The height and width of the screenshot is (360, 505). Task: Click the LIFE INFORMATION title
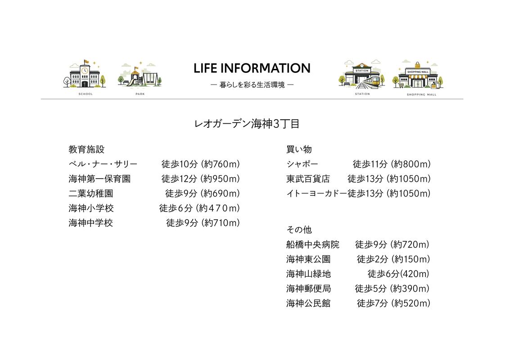[x=252, y=68]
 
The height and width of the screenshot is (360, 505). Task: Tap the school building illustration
[x=85, y=74]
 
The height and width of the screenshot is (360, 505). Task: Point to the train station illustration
[x=362, y=75]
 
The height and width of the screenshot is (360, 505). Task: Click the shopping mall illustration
[x=418, y=75]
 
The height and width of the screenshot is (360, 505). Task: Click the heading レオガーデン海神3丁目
[x=247, y=124]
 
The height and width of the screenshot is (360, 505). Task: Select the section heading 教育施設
[x=86, y=149]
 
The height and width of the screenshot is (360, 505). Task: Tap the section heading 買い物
[x=299, y=149]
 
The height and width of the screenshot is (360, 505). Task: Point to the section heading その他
[x=299, y=229]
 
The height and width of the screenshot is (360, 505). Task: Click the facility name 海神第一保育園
[x=99, y=179]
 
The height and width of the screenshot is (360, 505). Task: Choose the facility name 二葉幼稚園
[x=90, y=193]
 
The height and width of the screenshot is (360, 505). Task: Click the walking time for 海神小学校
[x=199, y=208]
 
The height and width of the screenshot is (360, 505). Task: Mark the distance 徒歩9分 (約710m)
[x=203, y=223]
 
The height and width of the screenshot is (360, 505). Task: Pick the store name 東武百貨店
[x=308, y=179]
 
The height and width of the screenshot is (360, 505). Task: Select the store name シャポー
[x=302, y=164]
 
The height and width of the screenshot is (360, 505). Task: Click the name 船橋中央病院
[x=312, y=245]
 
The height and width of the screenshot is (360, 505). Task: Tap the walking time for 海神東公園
[x=393, y=259]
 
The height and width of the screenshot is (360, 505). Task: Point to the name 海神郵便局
[x=308, y=288]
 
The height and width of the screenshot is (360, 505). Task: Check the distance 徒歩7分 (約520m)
[x=393, y=303]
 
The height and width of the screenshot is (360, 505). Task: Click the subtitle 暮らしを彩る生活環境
[x=252, y=85]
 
